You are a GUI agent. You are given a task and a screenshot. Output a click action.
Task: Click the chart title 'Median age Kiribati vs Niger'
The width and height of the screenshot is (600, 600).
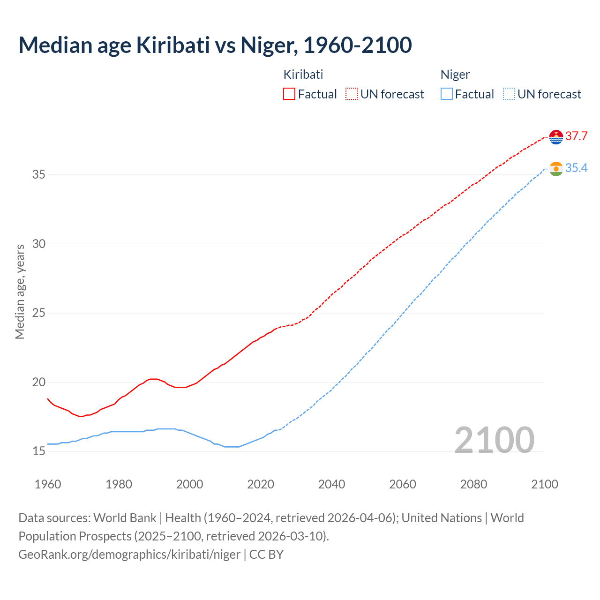point(215,45)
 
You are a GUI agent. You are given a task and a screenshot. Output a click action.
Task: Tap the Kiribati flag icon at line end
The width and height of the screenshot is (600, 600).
point(556,136)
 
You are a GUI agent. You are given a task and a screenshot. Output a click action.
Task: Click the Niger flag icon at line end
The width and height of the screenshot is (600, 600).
point(556,169)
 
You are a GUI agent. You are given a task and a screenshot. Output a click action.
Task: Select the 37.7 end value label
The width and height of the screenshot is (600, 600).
point(576,136)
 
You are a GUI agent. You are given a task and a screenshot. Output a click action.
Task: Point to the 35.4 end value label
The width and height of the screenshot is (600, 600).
point(576,168)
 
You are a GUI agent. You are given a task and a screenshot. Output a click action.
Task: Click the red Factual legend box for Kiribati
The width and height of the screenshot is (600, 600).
point(289,94)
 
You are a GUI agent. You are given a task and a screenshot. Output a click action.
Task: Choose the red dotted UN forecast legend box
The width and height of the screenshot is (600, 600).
point(352,94)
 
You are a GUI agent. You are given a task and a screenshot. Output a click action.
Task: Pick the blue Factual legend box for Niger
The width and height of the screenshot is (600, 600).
point(447,94)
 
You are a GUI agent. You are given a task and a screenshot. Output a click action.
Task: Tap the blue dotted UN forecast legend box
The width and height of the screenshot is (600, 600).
point(509,94)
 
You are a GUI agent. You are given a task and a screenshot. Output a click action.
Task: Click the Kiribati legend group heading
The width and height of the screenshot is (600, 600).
point(303,75)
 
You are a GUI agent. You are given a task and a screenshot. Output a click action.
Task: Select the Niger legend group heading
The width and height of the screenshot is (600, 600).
point(455,75)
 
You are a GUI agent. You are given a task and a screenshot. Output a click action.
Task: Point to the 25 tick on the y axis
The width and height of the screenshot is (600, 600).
point(39,313)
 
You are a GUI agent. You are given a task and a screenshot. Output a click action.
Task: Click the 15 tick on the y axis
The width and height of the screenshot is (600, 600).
point(39,451)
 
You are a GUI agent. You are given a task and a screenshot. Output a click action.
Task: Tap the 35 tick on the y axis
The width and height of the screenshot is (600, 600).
point(39,175)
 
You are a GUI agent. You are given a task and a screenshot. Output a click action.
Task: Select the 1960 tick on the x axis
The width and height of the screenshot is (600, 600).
point(48,484)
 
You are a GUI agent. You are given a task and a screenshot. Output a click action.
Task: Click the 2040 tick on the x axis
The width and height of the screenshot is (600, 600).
point(331,484)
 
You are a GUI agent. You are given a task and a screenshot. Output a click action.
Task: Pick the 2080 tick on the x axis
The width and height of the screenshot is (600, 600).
point(473,484)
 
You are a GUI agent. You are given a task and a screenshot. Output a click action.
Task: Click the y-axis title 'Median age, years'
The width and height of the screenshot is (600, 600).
point(20,292)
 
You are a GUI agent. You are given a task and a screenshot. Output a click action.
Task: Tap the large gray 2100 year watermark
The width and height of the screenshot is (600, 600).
point(494,440)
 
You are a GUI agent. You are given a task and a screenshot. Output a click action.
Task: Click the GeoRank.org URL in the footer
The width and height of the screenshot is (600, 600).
point(129,555)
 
